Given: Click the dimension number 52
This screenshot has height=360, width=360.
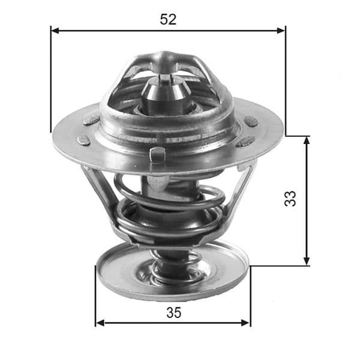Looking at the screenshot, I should click(168, 19).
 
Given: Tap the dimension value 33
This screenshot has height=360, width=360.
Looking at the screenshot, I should click(290, 199).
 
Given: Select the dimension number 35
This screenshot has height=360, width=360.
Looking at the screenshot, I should click(173, 312).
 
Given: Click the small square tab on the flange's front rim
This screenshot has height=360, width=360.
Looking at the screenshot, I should click(157, 154).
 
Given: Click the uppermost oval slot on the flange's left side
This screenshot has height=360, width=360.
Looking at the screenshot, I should click(91, 120).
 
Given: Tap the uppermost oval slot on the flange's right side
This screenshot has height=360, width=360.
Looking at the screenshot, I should click(251, 122).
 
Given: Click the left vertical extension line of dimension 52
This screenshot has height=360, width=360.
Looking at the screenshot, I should click(50, 78).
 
